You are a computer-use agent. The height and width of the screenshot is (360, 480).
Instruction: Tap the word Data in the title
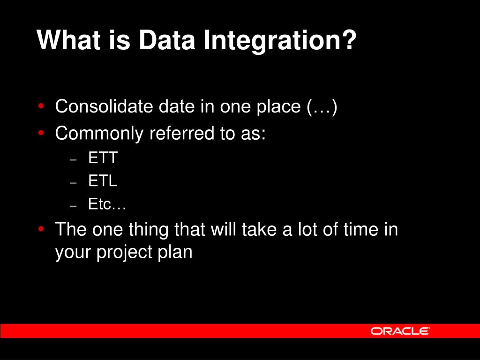coord(167,40)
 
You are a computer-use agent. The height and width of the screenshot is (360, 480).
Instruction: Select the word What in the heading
coord(69,40)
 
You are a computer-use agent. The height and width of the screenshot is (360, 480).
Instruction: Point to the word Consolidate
coord(104,106)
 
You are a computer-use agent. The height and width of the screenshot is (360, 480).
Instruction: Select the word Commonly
coord(99,134)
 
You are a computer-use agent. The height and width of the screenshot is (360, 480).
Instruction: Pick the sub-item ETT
coord(103,157)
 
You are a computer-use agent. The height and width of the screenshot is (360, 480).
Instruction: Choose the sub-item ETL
coord(103,180)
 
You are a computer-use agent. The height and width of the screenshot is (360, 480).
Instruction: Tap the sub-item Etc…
coord(107,204)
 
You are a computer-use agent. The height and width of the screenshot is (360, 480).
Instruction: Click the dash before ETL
coord(73,183)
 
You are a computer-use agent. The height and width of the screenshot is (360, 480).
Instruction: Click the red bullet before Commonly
coord(41,133)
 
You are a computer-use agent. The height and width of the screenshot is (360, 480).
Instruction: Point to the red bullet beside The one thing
coord(41,229)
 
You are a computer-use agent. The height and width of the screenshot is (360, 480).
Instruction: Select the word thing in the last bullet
coord(148,230)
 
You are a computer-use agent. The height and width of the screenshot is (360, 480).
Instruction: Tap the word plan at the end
coord(175,253)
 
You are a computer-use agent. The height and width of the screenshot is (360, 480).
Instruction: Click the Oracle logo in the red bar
coord(400,331)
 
